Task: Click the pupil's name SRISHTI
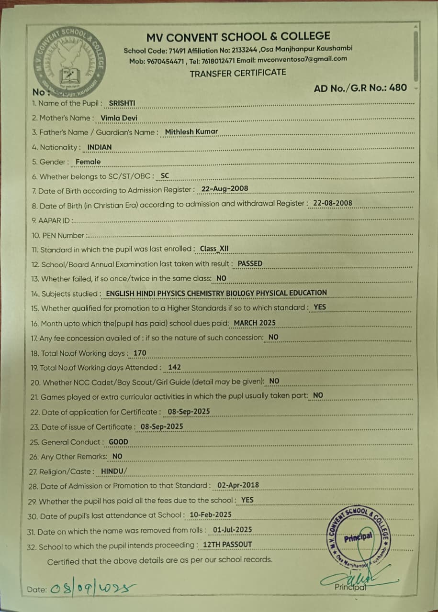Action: click(x=122, y=103)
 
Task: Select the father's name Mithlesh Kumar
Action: click(x=191, y=131)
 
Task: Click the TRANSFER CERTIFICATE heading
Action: click(x=238, y=73)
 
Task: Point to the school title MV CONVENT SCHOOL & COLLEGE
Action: click(x=238, y=36)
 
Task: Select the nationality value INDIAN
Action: click(x=100, y=147)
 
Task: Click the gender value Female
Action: click(x=88, y=162)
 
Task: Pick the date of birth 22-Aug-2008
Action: click(x=225, y=189)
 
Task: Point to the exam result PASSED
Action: click(x=250, y=263)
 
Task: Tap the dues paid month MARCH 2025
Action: click(x=255, y=323)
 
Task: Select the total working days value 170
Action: click(x=140, y=353)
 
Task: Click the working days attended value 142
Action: click(x=174, y=367)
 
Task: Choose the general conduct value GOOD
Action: click(x=118, y=442)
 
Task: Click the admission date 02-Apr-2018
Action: click(x=238, y=485)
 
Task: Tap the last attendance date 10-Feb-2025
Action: click(x=211, y=514)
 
